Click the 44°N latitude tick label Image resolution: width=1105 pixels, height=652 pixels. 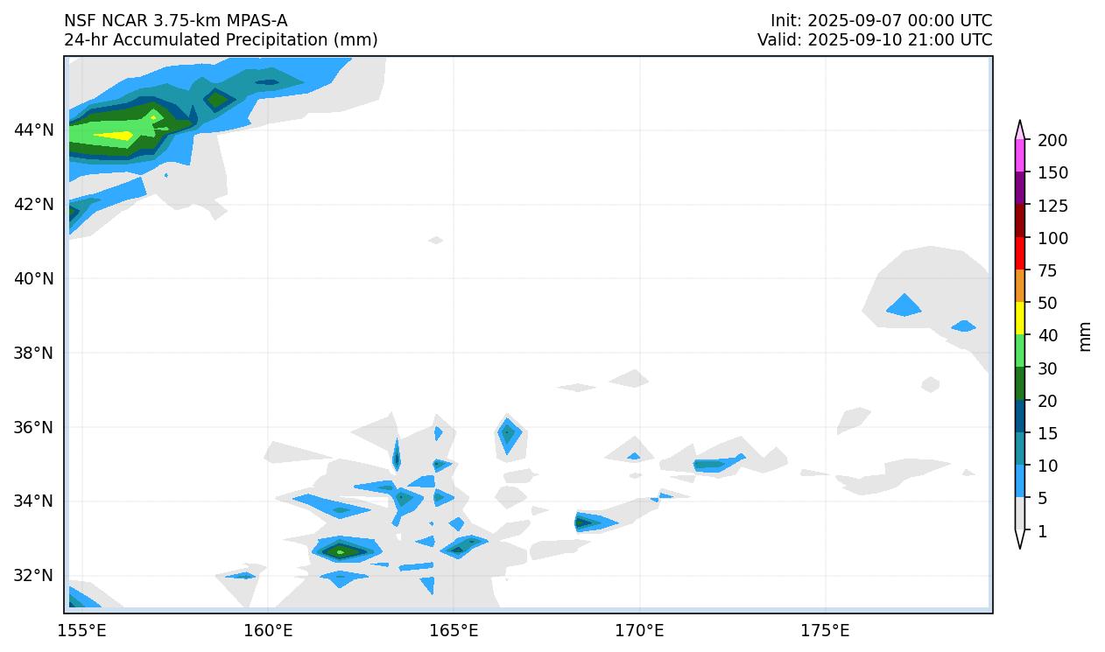[x=34, y=130]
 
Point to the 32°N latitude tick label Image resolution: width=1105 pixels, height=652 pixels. [x=34, y=576]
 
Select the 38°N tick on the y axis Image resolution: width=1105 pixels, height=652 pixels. [x=34, y=353]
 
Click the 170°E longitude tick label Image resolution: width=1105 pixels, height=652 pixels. [x=639, y=631]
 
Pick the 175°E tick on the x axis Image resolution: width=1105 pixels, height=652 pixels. [x=826, y=631]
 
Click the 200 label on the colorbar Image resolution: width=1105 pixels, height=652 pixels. [x=1052, y=141]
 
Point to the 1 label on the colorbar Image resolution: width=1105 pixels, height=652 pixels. [x=1042, y=531]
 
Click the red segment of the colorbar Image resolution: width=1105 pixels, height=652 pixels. [x=1020, y=253]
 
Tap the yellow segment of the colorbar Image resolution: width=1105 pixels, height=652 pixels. [x=1020, y=318]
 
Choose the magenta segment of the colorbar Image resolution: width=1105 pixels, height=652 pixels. [x=1020, y=156]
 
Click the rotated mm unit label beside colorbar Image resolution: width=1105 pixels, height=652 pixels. [x=1086, y=336]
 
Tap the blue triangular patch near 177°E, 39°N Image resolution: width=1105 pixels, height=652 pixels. [x=904, y=306]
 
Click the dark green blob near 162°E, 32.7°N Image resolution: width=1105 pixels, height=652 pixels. [x=341, y=550]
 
